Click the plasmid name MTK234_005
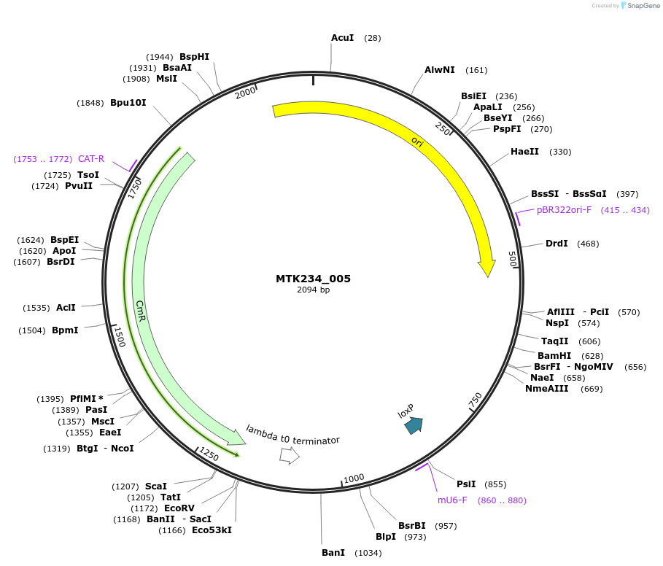[313, 279]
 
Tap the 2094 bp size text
[313, 290]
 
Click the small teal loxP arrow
[414, 425]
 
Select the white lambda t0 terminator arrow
[290, 456]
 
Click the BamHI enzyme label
[554, 355]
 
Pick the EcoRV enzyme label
[179, 508]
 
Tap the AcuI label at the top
[342, 37]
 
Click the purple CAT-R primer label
[91, 158]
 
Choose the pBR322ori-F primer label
[564, 210]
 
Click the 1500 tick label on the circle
[120, 336]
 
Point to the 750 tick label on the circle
[475, 400]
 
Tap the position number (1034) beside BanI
[368, 553]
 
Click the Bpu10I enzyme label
[128, 103]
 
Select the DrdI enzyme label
[556, 243]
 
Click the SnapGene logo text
[642, 6]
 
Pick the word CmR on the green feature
[141, 310]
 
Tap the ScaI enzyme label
[155, 486]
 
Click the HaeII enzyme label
[524, 152]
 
